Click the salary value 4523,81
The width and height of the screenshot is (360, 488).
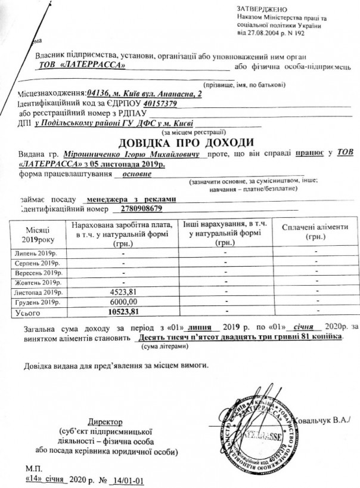pos(125,292)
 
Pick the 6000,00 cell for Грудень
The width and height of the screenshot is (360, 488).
pos(125,302)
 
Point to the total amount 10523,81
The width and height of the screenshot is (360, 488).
pos(124,311)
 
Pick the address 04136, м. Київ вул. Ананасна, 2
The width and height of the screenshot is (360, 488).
pos(144,94)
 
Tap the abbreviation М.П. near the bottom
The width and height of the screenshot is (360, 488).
pos(35,469)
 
